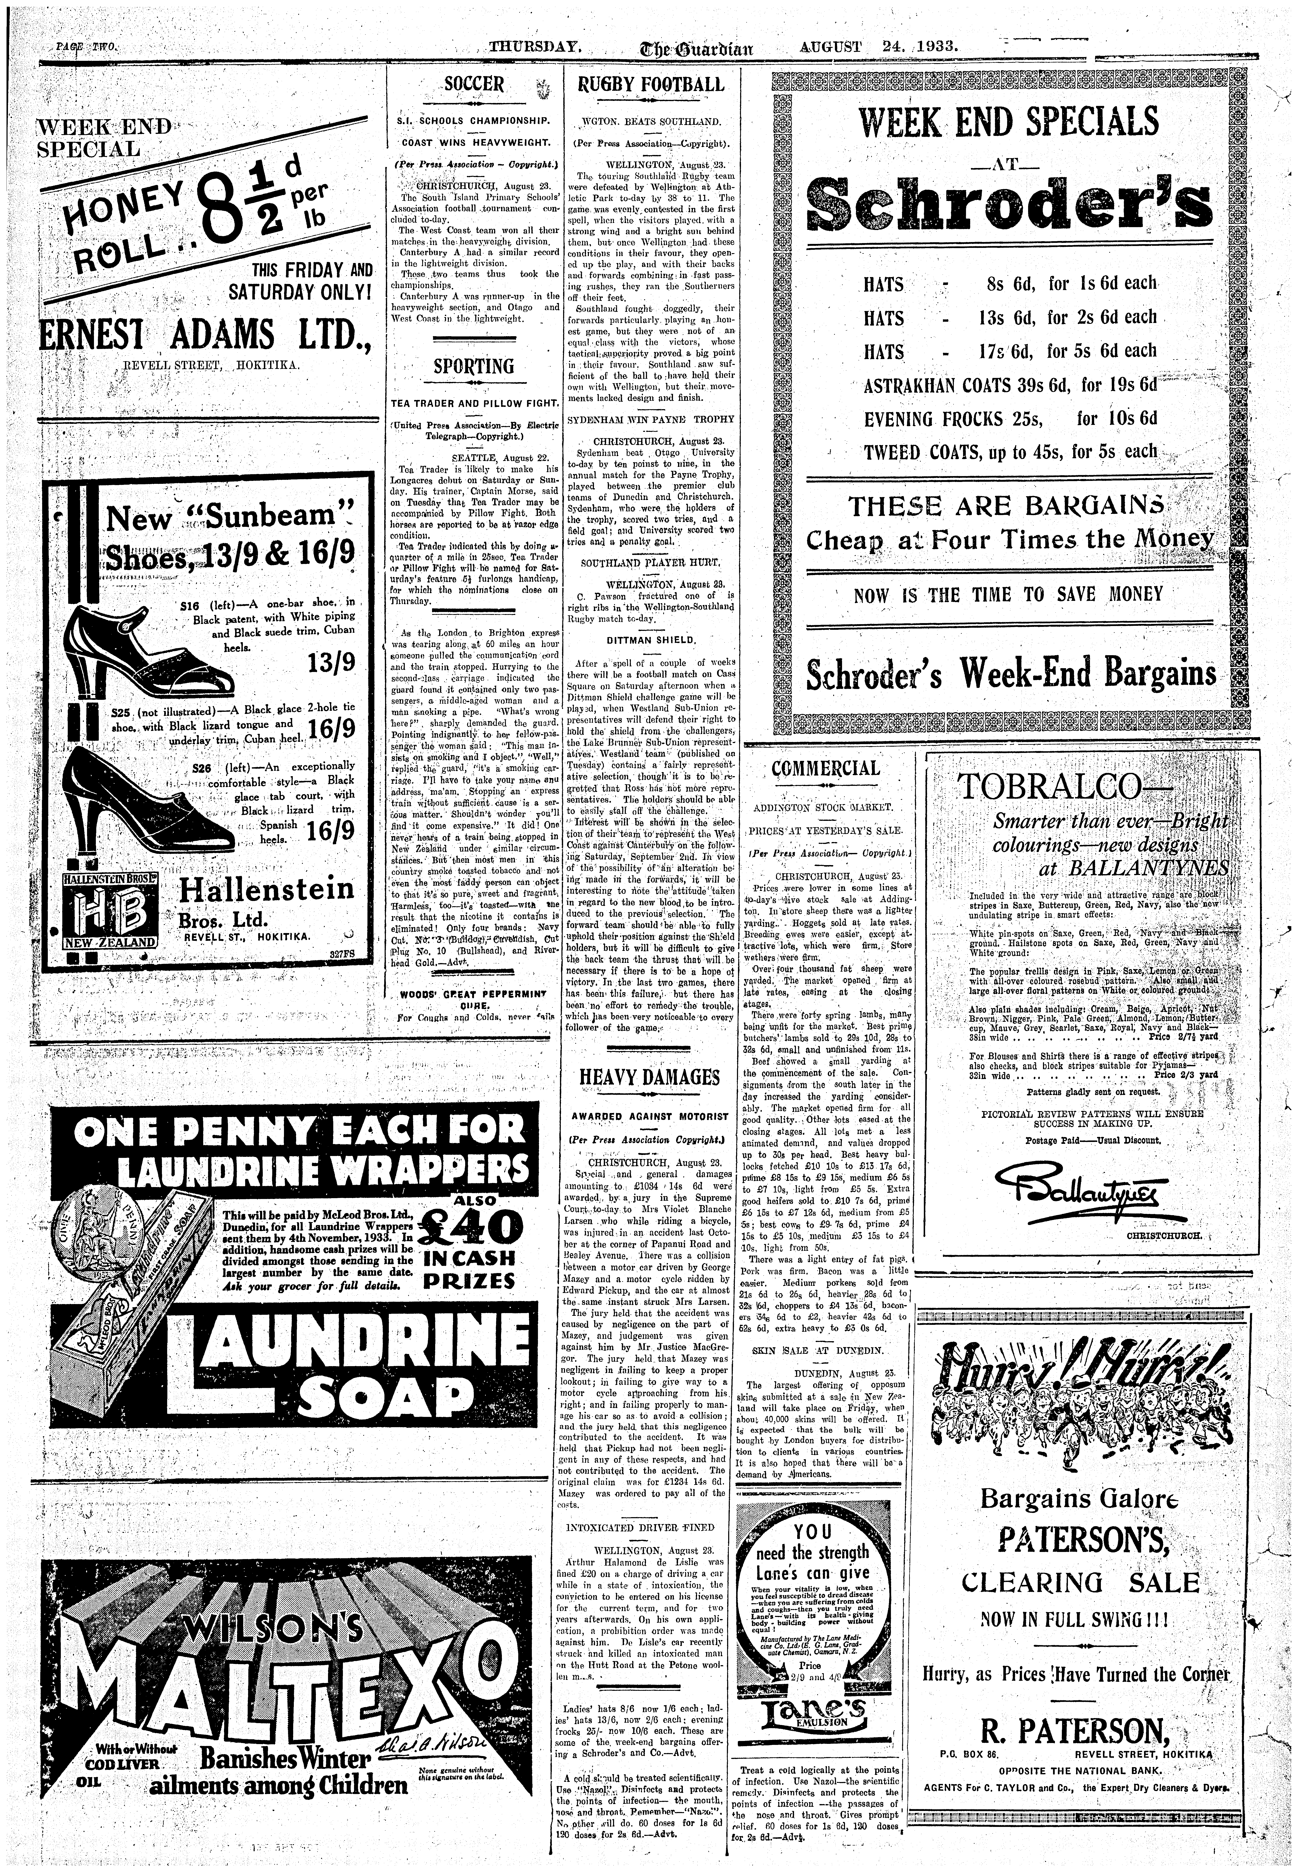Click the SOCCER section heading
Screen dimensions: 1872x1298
pyautogui.click(x=474, y=85)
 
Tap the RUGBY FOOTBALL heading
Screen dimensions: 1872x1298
pyautogui.click(x=650, y=85)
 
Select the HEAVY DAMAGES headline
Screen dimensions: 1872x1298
pyautogui.click(x=650, y=1077)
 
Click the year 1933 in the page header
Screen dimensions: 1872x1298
pyautogui.click(x=938, y=46)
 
